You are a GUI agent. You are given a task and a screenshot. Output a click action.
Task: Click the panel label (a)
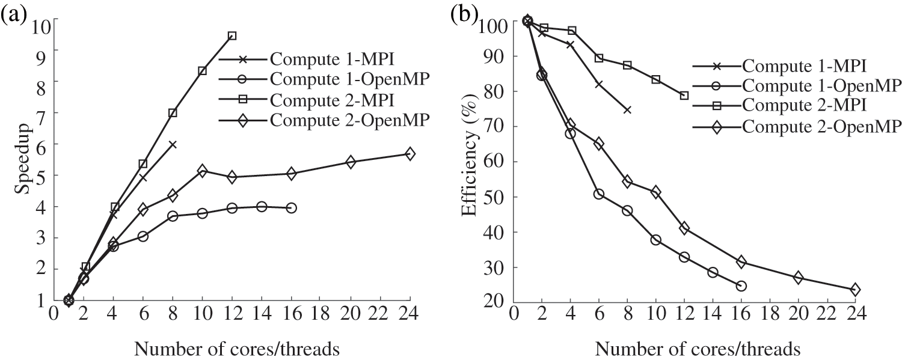[x=14, y=13]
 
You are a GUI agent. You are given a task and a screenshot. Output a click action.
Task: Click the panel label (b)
[x=464, y=13]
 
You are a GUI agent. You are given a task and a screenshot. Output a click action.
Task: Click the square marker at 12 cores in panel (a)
[x=232, y=35]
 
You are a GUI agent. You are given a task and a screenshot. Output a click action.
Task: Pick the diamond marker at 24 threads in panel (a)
[x=410, y=154]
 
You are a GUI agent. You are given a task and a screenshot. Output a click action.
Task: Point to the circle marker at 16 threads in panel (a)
[x=292, y=208]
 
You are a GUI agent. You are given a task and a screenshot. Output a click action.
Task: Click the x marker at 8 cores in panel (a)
[x=173, y=144]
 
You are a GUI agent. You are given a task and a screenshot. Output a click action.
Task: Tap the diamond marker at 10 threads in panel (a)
[x=202, y=171]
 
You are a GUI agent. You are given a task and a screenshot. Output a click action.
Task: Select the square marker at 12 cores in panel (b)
[x=684, y=96]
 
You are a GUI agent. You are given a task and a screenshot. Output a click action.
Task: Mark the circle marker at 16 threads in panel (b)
[x=741, y=286]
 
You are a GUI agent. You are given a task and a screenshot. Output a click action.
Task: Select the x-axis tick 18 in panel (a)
[x=321, y=314]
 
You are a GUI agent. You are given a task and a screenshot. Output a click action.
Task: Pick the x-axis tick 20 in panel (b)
[x=797, y=315]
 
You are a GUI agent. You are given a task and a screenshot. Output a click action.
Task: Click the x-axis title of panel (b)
[x=698, y=348]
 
